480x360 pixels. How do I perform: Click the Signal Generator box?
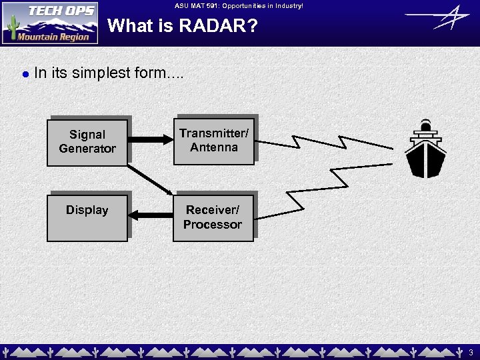click(87, 141)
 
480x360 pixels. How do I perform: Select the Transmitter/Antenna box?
click(213, 141)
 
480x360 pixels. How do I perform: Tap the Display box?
click(87, 217)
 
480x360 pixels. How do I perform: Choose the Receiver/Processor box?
click(213, 217)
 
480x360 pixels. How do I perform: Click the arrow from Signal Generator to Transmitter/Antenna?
click(150, 140)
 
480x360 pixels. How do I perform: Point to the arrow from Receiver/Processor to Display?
click(150, 215)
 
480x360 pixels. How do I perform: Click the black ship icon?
click(426, 150)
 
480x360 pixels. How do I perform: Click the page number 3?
click(470, 351)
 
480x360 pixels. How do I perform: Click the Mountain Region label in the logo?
click(53, 37)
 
